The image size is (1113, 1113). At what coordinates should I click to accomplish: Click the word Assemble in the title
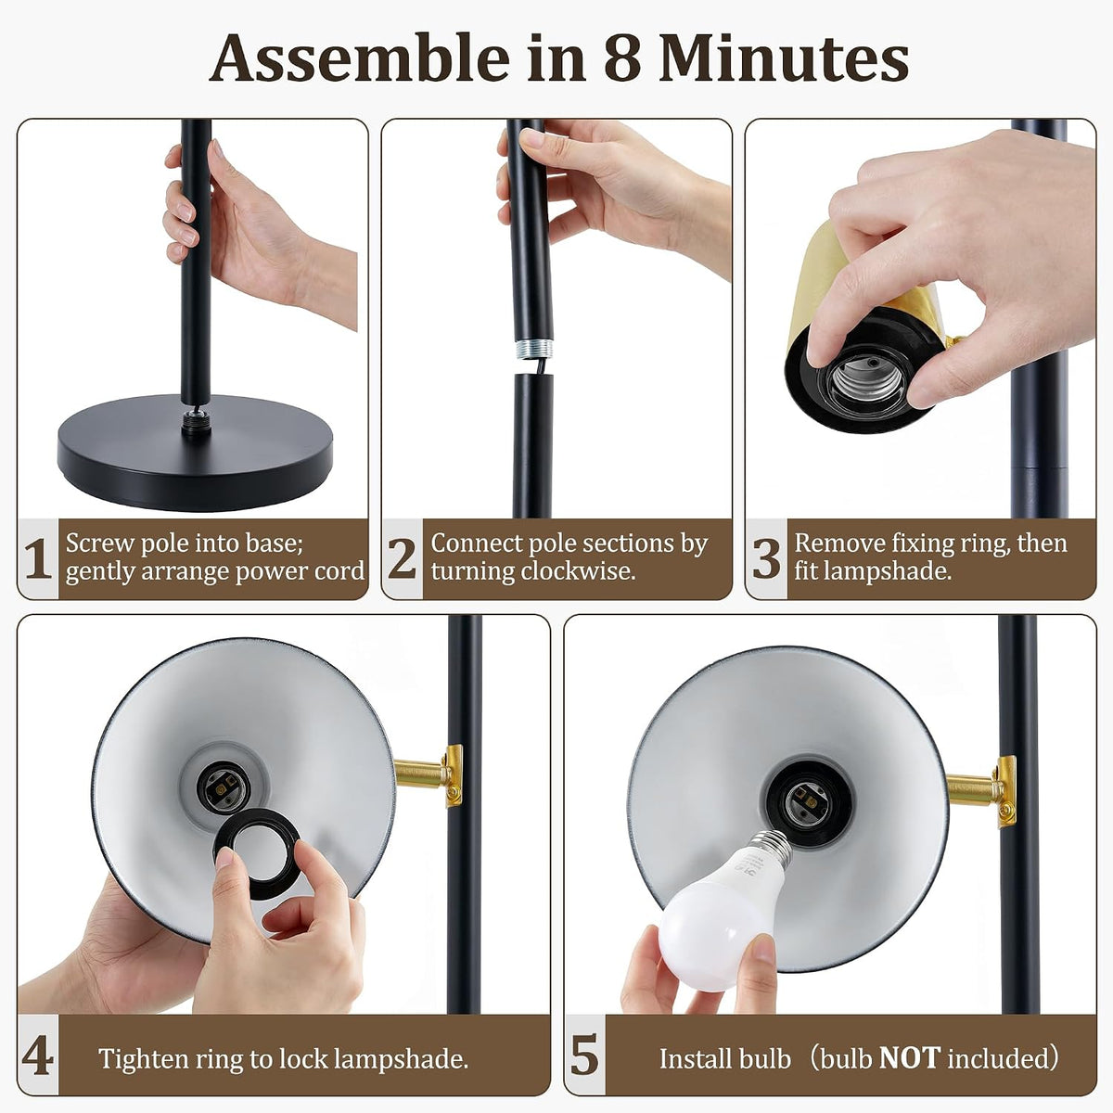point(359,59)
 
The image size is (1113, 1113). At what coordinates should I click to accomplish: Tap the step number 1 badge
point(38,558)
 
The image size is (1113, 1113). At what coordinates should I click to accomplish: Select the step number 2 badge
point(402,558)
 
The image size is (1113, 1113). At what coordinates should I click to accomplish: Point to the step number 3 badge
point(766,558)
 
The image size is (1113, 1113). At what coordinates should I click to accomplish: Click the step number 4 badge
point(38,1054)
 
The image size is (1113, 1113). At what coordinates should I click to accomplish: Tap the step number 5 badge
point(584,1054)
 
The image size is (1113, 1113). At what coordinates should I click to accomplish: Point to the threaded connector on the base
point(195,422)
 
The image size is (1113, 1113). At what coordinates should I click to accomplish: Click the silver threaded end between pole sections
point(533,349)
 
